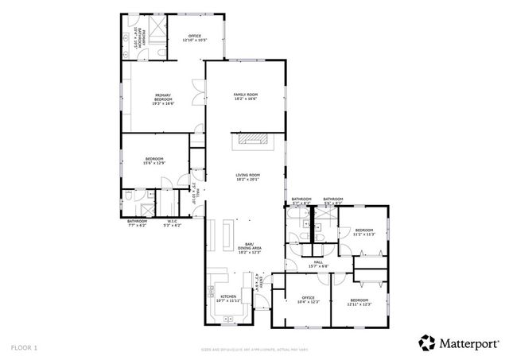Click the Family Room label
(x=245, y=97)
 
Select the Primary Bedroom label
(x=163, y=99)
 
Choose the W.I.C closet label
(x=172, y=223)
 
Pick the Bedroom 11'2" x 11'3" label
(x=363, y=233)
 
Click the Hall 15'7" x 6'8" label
(x=318, y=264)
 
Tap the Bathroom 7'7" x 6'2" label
(x=137, y=223)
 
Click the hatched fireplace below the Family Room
(x=254, y=140)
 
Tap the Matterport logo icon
(x=427, y=343)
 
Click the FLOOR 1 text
(x=24, y=347)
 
